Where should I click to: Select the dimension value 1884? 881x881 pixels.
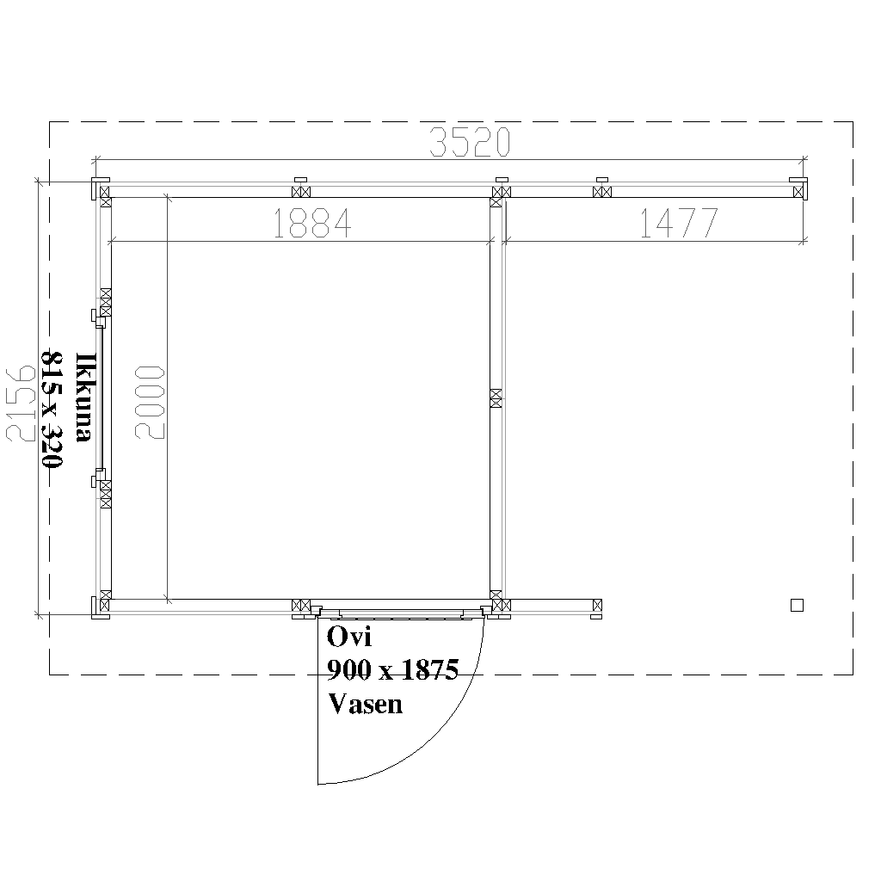pos(311,224)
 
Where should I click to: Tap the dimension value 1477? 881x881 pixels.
pos(678,224)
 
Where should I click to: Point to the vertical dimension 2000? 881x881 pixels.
pos(150,402)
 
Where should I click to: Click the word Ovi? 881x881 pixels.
pos(348,638)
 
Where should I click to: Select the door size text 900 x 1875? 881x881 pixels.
pos(392,670)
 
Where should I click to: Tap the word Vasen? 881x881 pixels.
pos(365,704)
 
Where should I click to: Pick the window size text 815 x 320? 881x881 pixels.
pos(54,409)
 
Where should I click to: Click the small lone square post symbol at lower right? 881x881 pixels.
pos(797,605)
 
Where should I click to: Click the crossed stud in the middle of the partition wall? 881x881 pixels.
pos(496,397)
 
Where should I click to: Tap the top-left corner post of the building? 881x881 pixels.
pos(100,189)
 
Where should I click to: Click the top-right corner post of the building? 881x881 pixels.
pos(799,189)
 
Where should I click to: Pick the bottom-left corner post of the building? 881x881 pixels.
pos(100,606)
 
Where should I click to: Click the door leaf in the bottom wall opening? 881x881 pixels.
pos(401,613)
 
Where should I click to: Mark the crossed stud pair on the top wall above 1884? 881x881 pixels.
pos(301,191)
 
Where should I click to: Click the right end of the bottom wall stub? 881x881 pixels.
pos(597,607)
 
